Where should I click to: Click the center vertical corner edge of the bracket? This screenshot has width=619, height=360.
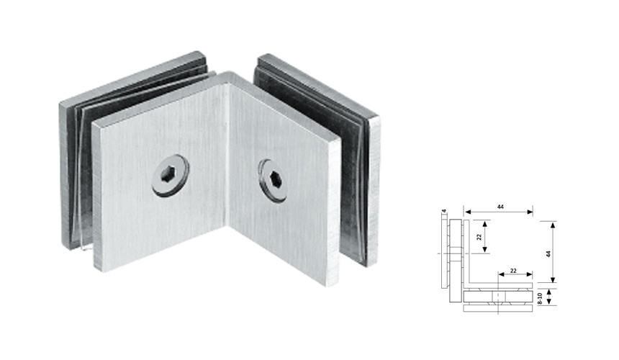[x=228, y=166]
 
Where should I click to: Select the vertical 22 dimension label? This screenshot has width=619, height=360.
[x=480, y=235]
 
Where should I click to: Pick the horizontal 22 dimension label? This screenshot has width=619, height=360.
[x=513, y=269]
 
